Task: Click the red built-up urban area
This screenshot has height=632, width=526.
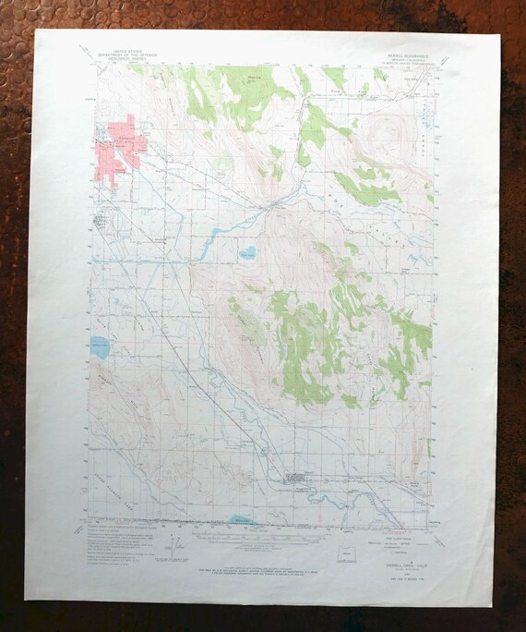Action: coord(117,150)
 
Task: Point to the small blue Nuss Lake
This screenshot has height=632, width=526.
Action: coord(246,252)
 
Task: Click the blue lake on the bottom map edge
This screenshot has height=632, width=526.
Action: coord(241,521)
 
